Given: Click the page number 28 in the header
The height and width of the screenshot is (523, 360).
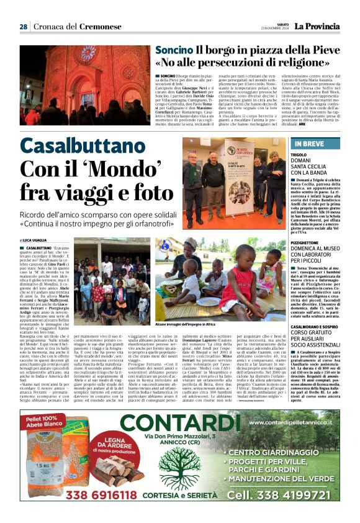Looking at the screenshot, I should click(x=23, y=27).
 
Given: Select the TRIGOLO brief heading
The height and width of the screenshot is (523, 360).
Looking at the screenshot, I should click(x=299, y=153).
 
